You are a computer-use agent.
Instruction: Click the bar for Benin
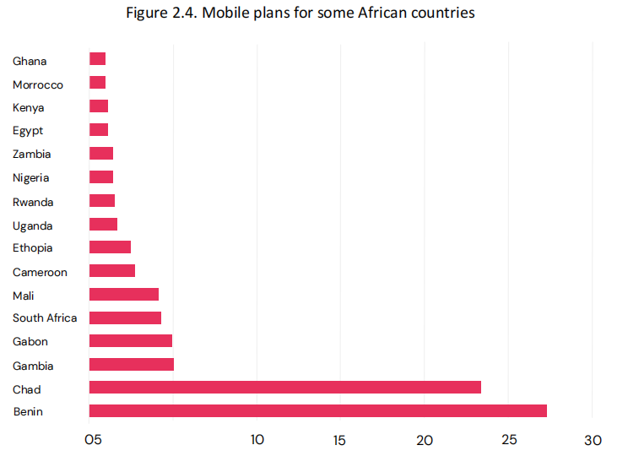317,411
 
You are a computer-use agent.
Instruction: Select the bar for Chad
284,388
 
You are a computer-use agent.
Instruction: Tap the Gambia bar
131,365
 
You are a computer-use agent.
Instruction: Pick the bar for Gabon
130,341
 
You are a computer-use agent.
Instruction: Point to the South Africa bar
125,318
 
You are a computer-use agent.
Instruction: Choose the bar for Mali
123,295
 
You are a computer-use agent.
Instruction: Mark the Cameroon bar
111,271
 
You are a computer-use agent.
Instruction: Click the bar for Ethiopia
110,247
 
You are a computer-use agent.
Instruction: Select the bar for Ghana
97,59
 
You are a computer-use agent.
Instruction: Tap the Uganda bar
103,225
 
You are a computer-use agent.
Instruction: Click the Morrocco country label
38,84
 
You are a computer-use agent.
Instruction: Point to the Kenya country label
29,108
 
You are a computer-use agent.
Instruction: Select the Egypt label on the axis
28,131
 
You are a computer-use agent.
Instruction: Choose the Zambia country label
32,155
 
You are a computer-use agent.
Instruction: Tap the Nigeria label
31,178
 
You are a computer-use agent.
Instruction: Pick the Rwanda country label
33,202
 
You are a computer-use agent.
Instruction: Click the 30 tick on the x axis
593,440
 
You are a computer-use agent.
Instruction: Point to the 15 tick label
340,440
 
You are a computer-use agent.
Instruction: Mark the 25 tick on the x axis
509,440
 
